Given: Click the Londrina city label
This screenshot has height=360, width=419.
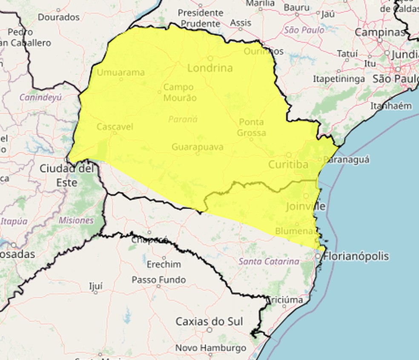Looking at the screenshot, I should click(x=210, y=68).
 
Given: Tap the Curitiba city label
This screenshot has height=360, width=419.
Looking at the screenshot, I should click(x=288, y=164).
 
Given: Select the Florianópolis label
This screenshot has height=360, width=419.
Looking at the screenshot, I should click(x=356, y=256).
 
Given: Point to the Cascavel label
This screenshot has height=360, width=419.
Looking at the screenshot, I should click(x=115, y=127).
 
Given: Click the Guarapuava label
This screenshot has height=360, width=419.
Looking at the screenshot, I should click(x=197, y=147).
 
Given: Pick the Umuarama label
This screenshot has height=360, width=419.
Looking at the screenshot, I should click(x=121, y=72).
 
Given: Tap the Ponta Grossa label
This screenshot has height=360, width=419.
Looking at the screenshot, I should click(x=252, y=127).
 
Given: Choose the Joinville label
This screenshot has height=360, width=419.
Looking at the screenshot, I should click(x=306, y=207).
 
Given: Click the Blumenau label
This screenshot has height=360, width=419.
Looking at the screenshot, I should click(x=296, y=231).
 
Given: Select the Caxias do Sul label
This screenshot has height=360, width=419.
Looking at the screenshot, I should click(x=209, y=321).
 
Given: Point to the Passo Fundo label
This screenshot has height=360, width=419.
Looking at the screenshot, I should click(x=158, y=280).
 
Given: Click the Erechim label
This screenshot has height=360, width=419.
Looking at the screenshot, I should click(x=164, y=264).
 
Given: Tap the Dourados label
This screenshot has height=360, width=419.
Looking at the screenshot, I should click(x=59, y=17).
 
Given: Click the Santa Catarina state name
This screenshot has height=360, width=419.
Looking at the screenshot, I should click(x=269, y=261).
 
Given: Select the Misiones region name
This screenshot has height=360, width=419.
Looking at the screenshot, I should click(x=76, y=220).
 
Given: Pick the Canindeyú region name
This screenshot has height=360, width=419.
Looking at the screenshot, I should click(x=40, y=97).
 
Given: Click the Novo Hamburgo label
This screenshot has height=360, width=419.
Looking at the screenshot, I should click(x=210, y=348).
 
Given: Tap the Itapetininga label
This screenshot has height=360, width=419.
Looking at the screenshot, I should click(x=339, y=79).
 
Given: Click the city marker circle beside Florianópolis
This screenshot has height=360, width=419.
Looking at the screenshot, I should click(x=318, y=256).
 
